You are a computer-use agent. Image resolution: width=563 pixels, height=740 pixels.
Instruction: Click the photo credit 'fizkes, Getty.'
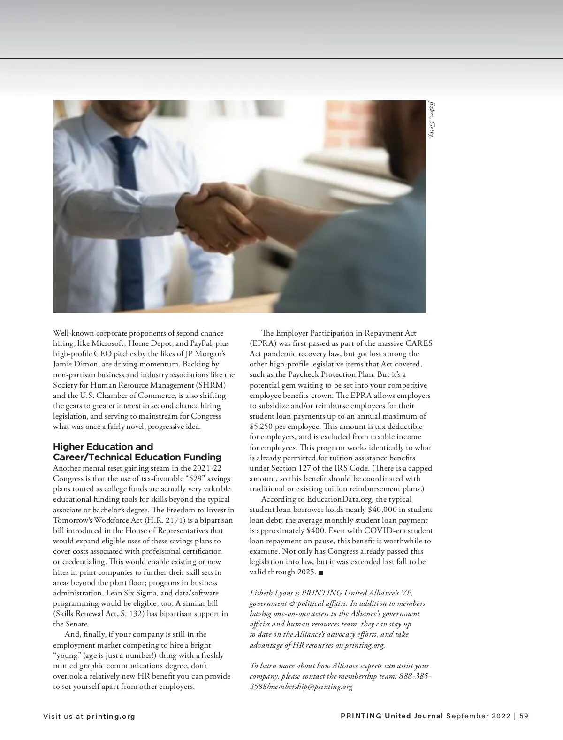click(431, 119)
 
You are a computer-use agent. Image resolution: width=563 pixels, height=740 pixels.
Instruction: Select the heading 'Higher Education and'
click(103, 447)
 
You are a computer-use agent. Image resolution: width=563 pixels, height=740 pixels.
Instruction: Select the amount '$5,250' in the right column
click(261, 427)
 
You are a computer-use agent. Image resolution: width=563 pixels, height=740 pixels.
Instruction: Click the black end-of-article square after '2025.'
click(321, 572)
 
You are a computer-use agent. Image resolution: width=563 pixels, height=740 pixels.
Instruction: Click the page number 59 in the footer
click(524, 716)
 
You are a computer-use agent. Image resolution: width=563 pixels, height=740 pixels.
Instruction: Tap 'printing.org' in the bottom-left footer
click(111, 717)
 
